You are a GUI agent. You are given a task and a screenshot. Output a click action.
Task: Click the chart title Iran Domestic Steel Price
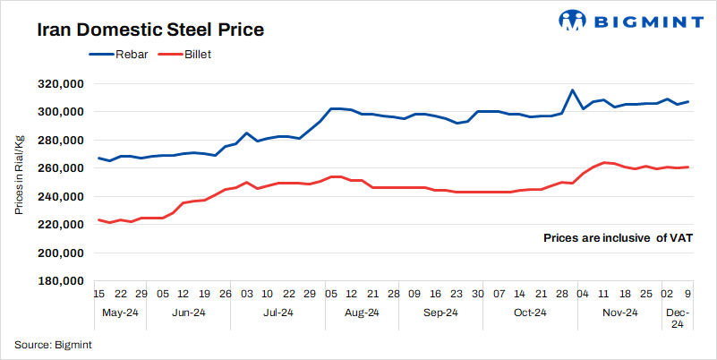(150, 30)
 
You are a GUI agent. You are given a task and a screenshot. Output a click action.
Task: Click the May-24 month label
(119, 313)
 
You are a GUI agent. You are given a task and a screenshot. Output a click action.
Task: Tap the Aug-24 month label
(361, 313)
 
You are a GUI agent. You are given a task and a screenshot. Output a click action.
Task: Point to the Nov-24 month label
(619, 313)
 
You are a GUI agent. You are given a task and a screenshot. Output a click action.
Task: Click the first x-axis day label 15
(99, 293)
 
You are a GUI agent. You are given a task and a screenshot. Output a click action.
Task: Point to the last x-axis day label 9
(687, 293)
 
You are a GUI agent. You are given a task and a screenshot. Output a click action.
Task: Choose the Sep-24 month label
(440, 313)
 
